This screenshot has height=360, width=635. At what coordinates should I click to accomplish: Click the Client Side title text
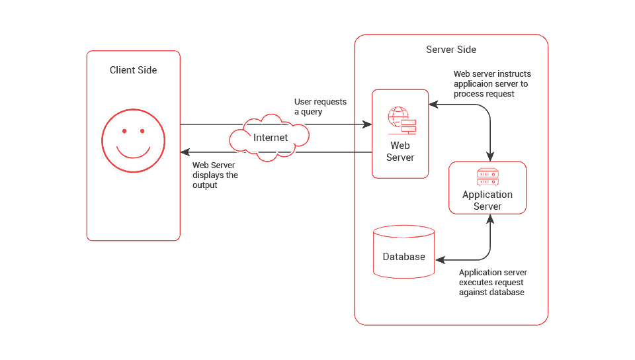pyautogui.click(x=133, y=70)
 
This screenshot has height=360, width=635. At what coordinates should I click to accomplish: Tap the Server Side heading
pyautogui.click(x=451, y=50)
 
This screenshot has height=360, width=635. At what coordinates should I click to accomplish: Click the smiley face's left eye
pyautogui.click(x=124, y=131)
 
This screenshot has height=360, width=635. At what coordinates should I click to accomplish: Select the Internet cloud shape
pyautogui.click(x=269, y=138)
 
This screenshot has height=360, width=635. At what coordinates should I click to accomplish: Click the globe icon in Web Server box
pyautogui.click(x=398, y=116)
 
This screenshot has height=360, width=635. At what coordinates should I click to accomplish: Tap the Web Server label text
pyautogui.click(x=400, y=152)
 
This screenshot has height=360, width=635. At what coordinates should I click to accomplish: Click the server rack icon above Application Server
pyautogui.click(x=487, y=177)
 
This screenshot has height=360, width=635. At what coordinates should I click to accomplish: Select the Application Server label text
pyautogui.click(x=487, y=200)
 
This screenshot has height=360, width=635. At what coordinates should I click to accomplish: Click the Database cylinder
pyautogui.click(x=403, y=251)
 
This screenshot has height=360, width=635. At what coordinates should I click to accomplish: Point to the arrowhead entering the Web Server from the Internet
pyautogui.click(x=367, y=124)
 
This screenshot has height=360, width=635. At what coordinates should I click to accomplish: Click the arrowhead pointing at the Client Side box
pyautogui.click(x=185, y=152)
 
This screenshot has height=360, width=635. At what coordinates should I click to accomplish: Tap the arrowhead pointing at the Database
pyautogui.click(x=441, y=260)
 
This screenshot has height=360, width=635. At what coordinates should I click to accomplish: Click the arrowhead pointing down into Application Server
pyautogui.click(x=490, y=157)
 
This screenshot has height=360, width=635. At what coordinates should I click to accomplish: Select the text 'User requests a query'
pyautogui.click(x=320, y=107)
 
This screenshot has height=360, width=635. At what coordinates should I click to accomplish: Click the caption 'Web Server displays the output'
pyautogui.click(x=215, y=175)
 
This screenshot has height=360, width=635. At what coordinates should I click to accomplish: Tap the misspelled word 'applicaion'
pyautogui.click(x=472, y=84)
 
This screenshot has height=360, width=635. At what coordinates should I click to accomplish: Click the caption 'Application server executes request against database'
pyautogui.click(x=493, y=283)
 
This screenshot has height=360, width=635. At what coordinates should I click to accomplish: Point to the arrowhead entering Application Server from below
pyautogui.click(x=490, y=219)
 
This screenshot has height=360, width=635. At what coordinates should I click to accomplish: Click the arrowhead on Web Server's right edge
pyautogui.click(x=434, y=105)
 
